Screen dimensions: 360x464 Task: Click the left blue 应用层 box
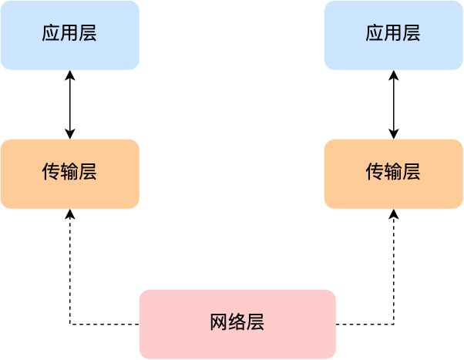(x=69, y=35)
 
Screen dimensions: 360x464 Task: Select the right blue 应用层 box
(x=393, y=35)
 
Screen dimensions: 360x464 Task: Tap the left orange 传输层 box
(x=69, y=173)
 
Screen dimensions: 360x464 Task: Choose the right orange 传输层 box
(x=393, y=173)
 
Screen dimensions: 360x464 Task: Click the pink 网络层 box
(x=237, y=324)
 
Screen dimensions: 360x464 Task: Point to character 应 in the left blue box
(x=51, y=33)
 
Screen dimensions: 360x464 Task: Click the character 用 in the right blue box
(x=393, y=33)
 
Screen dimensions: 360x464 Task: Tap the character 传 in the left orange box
(x=51, y=172)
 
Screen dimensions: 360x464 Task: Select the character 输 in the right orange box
(x=393, y=172)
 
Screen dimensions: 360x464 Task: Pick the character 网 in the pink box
(x=219, y=322)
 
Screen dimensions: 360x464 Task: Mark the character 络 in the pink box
(x=237, y=322)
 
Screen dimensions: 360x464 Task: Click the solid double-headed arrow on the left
(x=70, y=104)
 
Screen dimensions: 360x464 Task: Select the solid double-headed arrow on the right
(x=394, y=104)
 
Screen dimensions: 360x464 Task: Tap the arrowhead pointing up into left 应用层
(x=70, y=75)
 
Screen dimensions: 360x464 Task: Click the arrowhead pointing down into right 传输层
(x=394, y=134)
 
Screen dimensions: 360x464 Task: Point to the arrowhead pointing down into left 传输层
(x=70, y=134)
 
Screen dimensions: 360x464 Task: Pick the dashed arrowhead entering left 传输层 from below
(x=70, y=214)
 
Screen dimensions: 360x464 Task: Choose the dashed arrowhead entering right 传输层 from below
(x=394, y=214)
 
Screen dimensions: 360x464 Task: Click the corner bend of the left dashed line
(x=70, y=325)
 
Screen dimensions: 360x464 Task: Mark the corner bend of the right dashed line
(x=394, y=325)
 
